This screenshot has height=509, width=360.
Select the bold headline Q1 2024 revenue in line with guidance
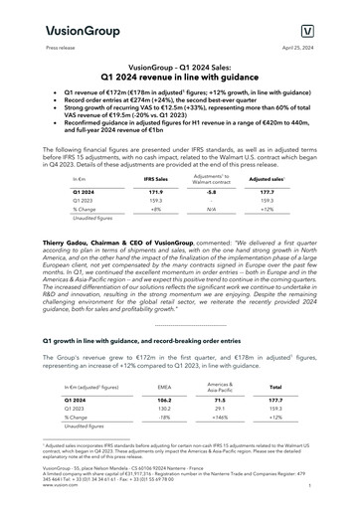[179, 76]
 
